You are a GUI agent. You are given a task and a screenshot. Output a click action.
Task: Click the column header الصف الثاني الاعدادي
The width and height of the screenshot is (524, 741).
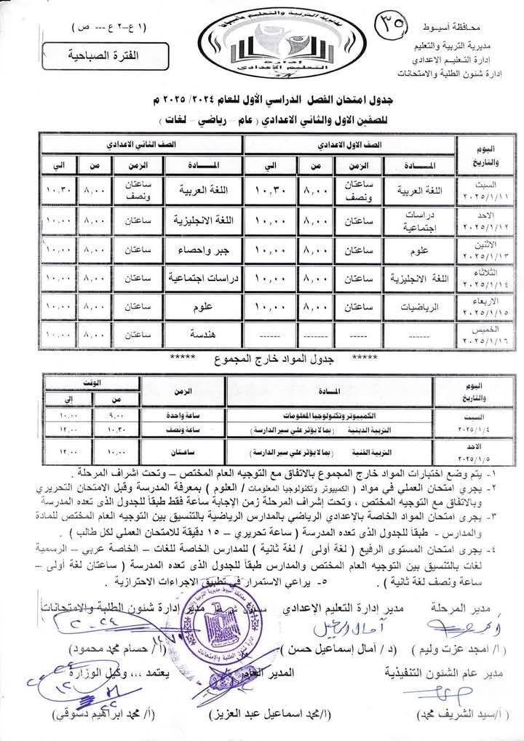tap(143, 145)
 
